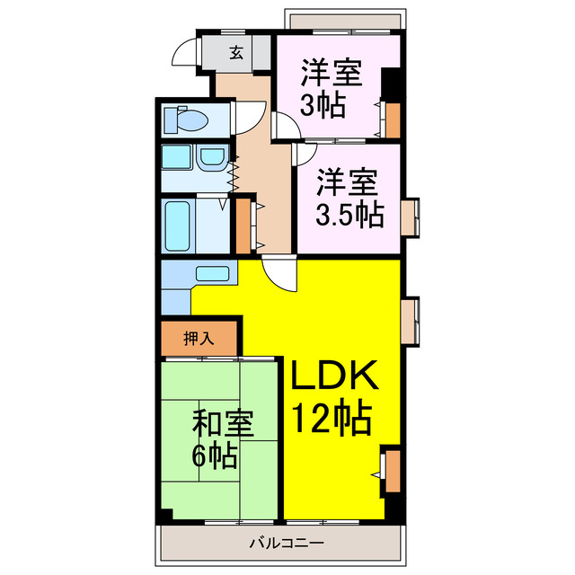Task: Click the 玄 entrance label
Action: coord(236,53)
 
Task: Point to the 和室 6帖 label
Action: coord(220,439)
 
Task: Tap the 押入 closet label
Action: coord(198,339)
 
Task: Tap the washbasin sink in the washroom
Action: coord(211,159)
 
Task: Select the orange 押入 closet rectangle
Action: coord(199,339)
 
